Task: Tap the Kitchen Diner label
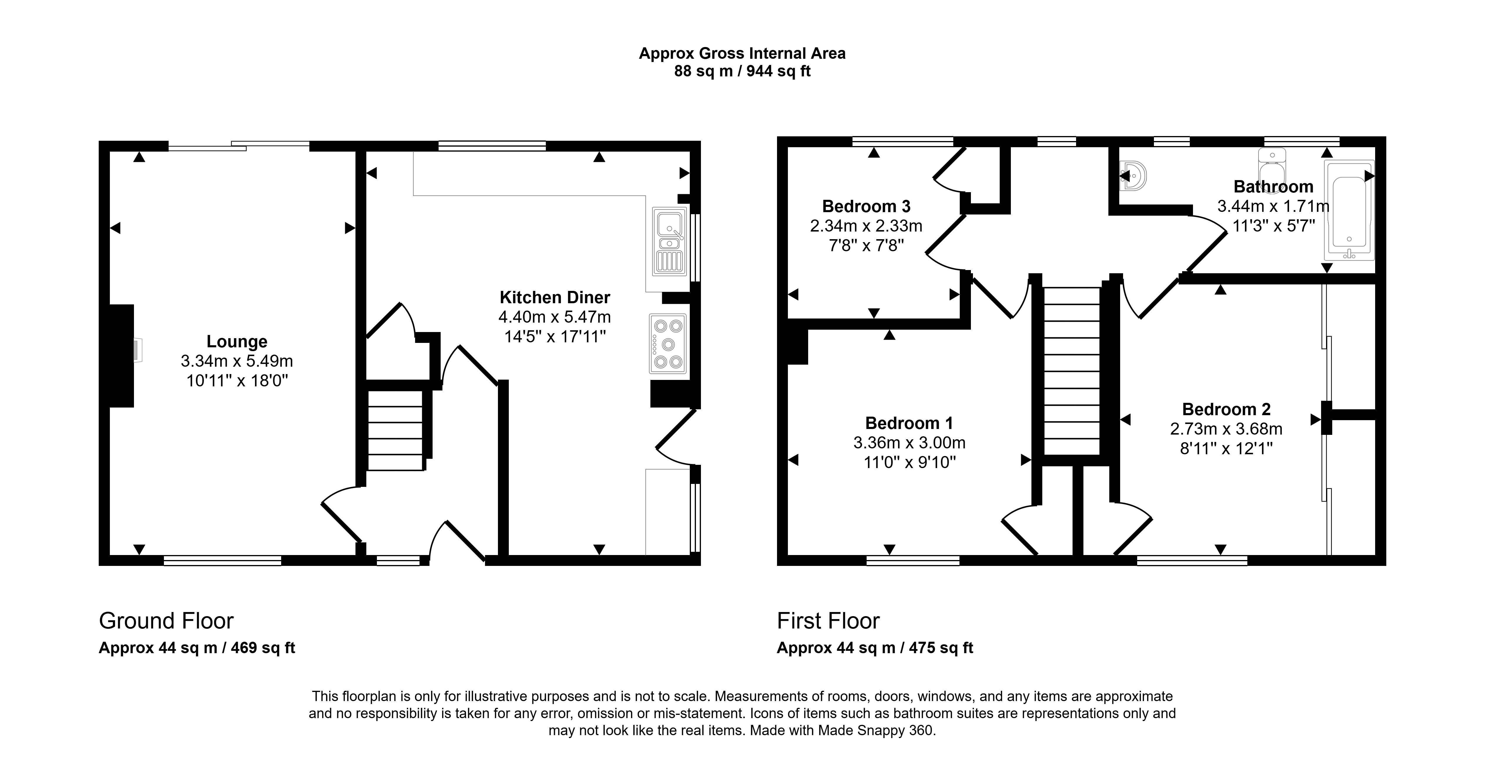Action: point(555,297)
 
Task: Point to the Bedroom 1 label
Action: point(909,423)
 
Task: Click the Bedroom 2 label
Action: point(1226,409)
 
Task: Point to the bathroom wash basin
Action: point(1133,176)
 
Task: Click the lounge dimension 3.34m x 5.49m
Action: point(237,361)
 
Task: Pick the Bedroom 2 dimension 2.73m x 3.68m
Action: point(1226,429)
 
